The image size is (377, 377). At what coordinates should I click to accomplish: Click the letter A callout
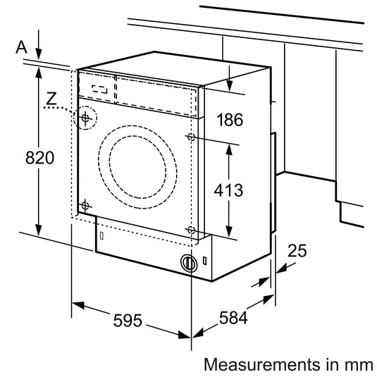click(x=21, y=47)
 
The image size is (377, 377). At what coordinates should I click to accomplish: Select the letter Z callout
click(x=50, y=99)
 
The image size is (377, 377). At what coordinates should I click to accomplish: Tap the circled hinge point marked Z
click(x=85, y=118)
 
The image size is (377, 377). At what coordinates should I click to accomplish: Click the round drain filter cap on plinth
click(x=187, y=262)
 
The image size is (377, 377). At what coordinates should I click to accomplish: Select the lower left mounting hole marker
click(x=85, y=205)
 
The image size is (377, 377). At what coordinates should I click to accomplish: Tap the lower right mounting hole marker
click(x=191, y=230)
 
